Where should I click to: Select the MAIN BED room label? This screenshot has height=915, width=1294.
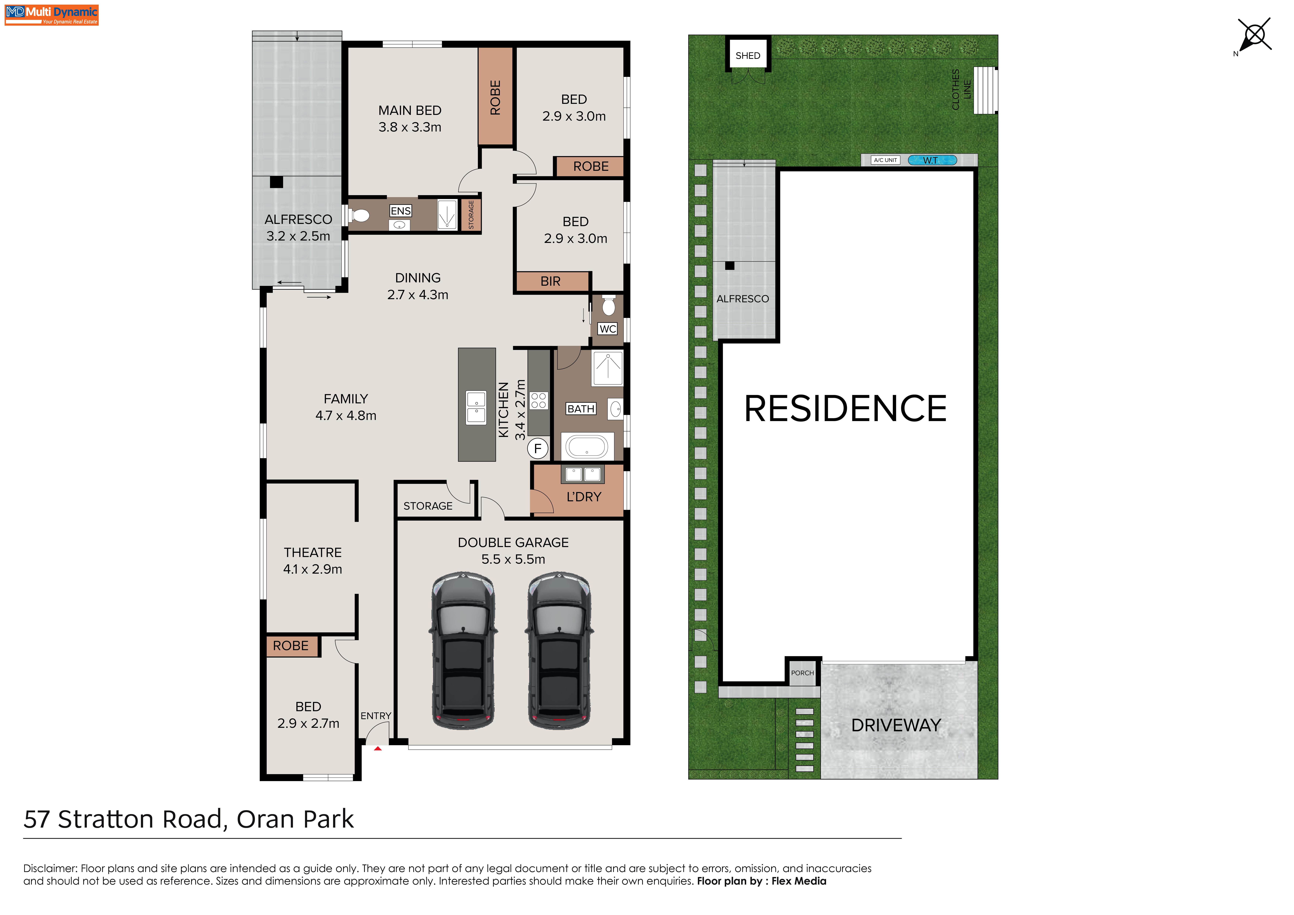[x=410, y=110]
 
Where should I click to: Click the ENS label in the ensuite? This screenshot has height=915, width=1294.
[x=401, y=211]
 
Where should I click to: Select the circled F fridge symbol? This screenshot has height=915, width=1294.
[x=538, y=449]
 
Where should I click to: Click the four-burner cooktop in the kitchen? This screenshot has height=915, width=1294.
[x=539, y=400]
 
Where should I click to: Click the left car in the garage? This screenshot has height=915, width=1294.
[x=463, y=651]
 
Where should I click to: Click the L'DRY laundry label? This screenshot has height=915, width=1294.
[x=584, y=497]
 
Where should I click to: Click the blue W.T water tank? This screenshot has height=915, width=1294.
[x=932, y=160]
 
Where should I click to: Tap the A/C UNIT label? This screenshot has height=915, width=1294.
[x=885, y=160]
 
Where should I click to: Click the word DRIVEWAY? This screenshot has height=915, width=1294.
[x=896, y=725]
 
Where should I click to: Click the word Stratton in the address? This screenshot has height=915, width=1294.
[x=106, y=819]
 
